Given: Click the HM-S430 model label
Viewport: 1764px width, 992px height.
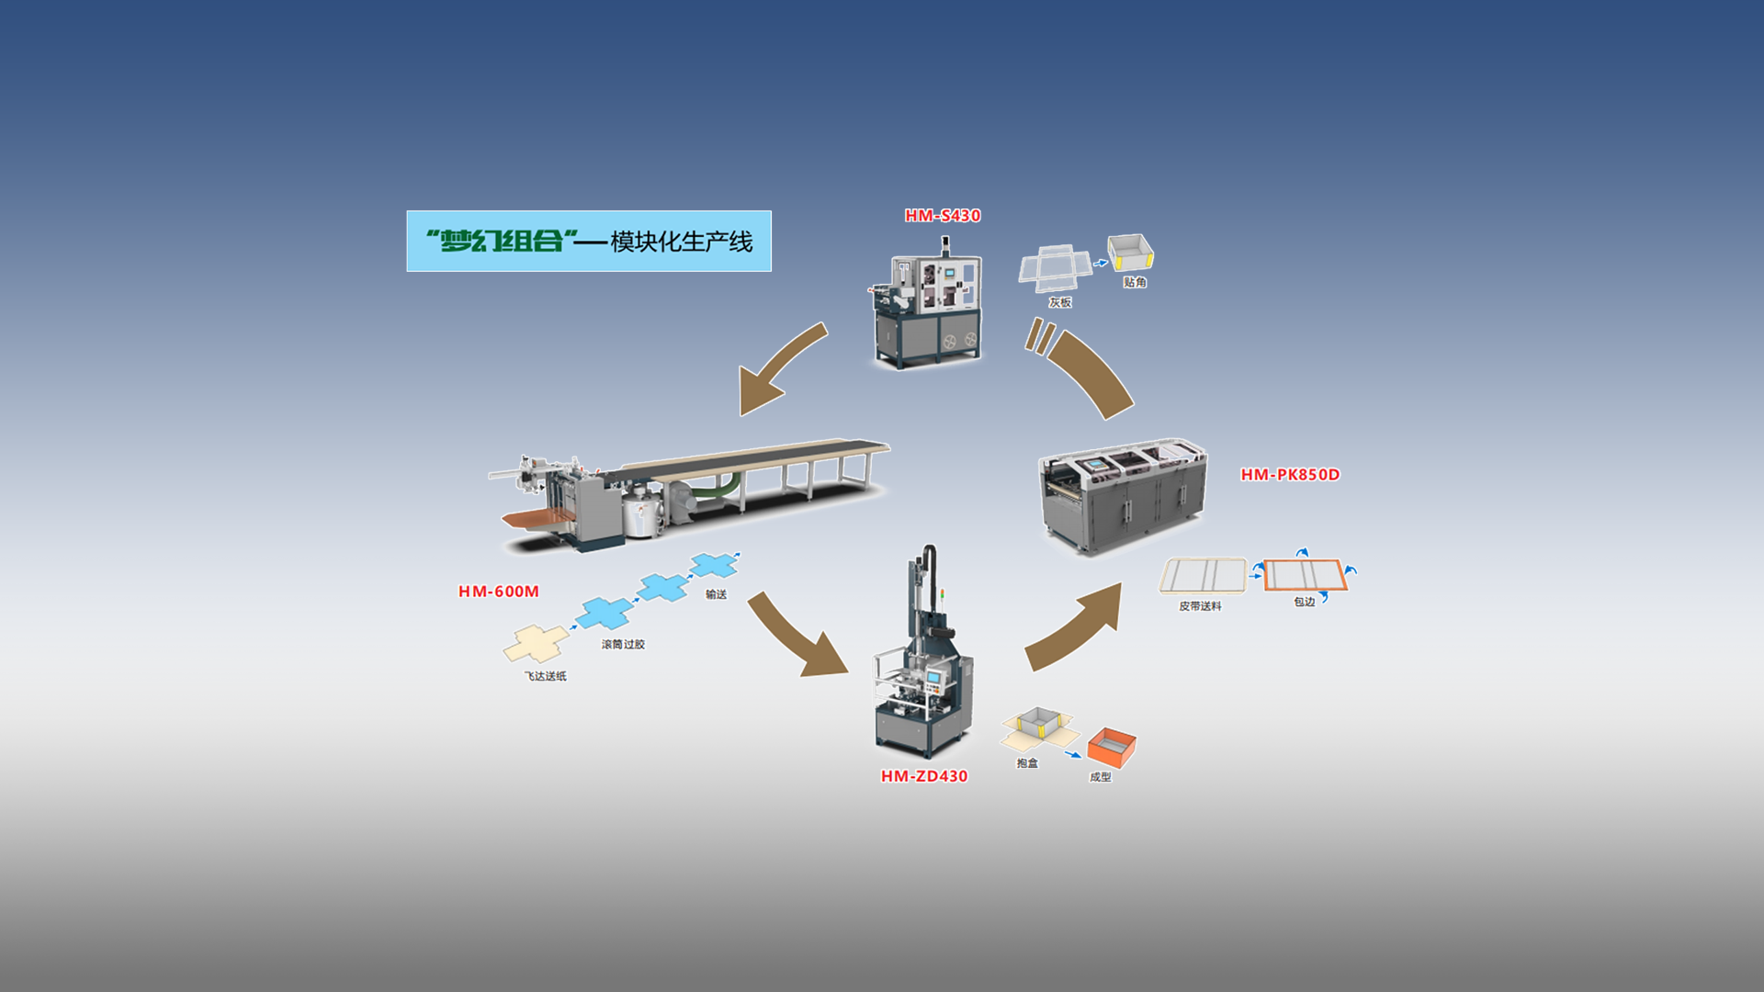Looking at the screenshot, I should pyautogui.click(x=943, y=216).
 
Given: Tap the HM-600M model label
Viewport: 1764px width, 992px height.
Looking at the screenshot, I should pyautogui.click(x=499, y=592).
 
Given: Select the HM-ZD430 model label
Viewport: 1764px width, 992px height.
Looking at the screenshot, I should pyautogui.click(x=924, y=776).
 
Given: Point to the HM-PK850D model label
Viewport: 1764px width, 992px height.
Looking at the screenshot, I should pyautogui.click(x=1290, y=475).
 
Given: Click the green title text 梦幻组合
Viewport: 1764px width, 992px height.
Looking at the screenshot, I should pyautogui.click(x=502, y=242).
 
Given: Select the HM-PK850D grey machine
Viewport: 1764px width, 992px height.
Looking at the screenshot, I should pyautogui.click(x=1123, y=496).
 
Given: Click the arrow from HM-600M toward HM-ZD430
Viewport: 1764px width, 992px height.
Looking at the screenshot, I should pyautogui.click(x=797, y=636).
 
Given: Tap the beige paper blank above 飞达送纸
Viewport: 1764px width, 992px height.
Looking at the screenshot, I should pyautogui.click(x=536, y=643).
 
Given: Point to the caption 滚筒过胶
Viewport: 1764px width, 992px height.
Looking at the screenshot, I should pyautogui.click(x=623, y=645).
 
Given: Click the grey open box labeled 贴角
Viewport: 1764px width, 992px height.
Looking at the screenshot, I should pyautogui.click(x=1130, y=252).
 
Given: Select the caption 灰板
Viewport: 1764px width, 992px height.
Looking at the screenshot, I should pyautogui.click(x=1060, y=303).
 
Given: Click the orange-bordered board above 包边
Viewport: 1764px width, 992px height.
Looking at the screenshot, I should pyautogui.click(x=1305, y=575).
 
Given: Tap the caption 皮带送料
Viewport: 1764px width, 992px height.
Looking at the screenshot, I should pyautogui.click(x=1200, y=606).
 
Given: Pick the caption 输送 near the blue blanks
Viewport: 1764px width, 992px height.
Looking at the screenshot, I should pyautogui.click(x=716, y=594).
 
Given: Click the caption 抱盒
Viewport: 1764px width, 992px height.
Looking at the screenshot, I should pyautogui.click(x=1027, y=763).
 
